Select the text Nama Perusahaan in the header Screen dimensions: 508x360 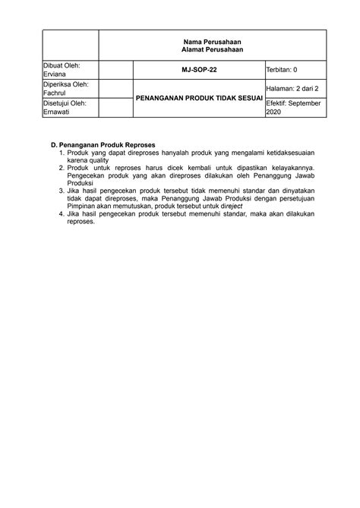pyautogui.click(x=213, y=40)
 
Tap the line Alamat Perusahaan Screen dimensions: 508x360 pyautogui.click(x=213, y=49)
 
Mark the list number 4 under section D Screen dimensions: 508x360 pyautogui.click(x=61, y=215)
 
